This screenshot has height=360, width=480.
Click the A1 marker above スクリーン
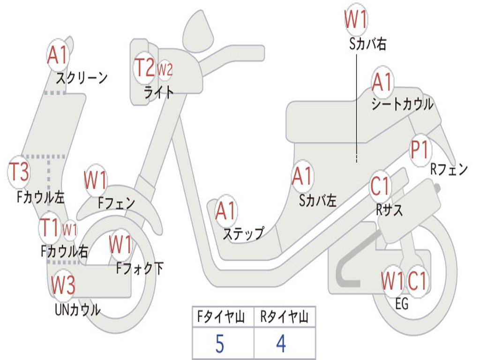58,55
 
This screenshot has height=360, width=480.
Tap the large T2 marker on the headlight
144,67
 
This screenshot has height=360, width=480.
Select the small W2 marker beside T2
165,70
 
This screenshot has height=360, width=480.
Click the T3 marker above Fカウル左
19,172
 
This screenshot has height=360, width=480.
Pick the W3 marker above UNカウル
63,285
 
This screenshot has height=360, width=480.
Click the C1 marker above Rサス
380,186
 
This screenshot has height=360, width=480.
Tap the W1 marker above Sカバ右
356,19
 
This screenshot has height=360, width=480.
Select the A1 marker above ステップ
225,210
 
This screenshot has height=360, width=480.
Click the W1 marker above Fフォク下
120,245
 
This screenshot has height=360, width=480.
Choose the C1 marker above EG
417,281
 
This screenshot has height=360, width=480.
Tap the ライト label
158,92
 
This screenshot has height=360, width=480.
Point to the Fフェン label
116,202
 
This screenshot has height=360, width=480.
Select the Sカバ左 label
318,201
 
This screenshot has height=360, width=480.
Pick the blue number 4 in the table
281,344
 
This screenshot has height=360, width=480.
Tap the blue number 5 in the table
219,344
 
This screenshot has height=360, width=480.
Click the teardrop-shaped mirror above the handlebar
198,30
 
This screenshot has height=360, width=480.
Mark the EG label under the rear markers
402,304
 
